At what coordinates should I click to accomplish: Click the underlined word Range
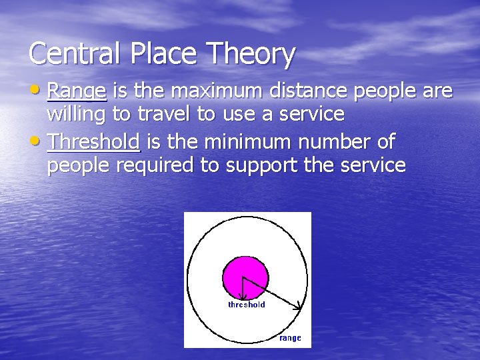click(77, 91)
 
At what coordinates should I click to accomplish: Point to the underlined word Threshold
click(93, 141)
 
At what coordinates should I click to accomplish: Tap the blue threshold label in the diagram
click(247, 305)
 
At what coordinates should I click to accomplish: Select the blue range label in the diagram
click(290, 338)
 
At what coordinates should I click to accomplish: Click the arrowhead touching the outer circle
click(299, 306)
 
